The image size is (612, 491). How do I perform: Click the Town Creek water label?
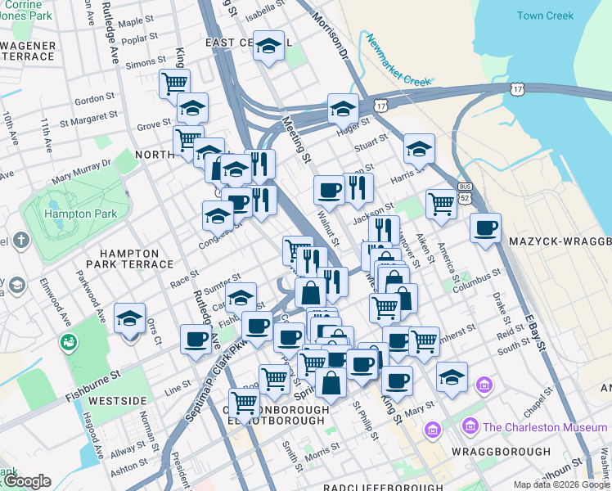pyautogui.click(x=545, y=16)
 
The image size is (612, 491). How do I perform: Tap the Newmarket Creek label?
pyautogui.click(x=398, y=61)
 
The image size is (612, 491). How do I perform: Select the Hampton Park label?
pyautogui.click(x=81, y=214)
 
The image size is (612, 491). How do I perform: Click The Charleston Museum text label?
pyautogui.click(x=545, y=427)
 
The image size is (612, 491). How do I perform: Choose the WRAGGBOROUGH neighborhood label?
pyautogui.click(x=500, y=452)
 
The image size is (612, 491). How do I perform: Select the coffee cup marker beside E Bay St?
pyautogui.click(x=485, y=227)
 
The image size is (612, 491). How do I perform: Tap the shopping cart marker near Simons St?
pyautogui.click(x=174, y=83)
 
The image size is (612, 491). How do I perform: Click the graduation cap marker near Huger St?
pyautogui.click(x=343, y=108)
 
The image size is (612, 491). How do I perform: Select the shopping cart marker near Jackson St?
pyautogui.click(x=441, y=204)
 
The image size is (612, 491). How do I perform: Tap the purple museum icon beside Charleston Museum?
pyautogui.click(x=470, y=426)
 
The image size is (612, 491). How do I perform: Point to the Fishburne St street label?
pyautogui.click(x=92, y=376)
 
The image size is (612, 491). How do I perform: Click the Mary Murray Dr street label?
pyautogui.click(x=81, y=171)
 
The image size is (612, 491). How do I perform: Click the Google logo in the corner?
pyautogui.click(x=27, y=481)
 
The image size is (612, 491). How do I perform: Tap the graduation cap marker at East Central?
pyautogui.click(x=268, y=47)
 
